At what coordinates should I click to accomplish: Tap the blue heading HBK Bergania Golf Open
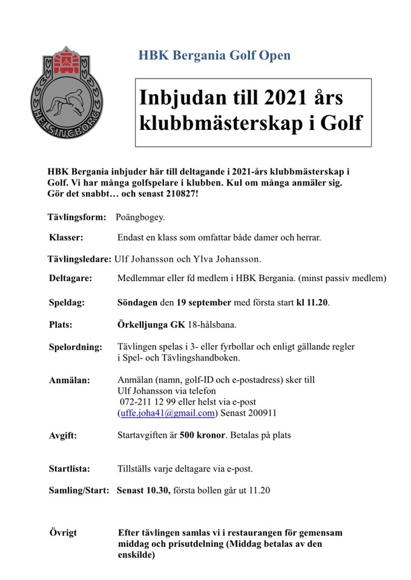point(214,56)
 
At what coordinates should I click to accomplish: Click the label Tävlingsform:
point(77,217)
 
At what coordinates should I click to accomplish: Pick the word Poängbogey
point(140,217)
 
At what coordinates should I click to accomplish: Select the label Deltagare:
point(71,279)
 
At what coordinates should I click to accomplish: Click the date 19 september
point(204,301)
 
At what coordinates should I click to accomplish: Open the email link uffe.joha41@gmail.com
point(166,413)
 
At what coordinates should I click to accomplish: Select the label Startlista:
point(70,468)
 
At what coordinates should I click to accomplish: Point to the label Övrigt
point(64,533)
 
